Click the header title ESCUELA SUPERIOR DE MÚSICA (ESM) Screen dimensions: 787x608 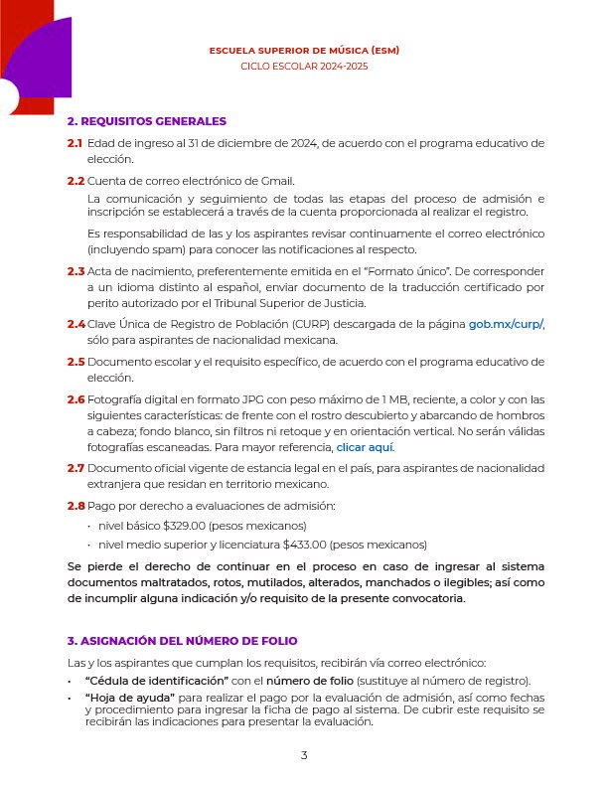(x=304, y=50)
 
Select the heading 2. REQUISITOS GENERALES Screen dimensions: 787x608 (x=147, y=121)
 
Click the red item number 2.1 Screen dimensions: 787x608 (x=76, y=143)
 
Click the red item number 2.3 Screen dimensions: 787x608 (x=76, y=271)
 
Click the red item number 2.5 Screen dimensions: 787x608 (x=76, y=362)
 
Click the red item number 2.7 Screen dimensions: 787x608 (x=76, y=468)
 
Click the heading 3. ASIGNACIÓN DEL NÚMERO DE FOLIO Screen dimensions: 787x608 (x=182, y=641)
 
